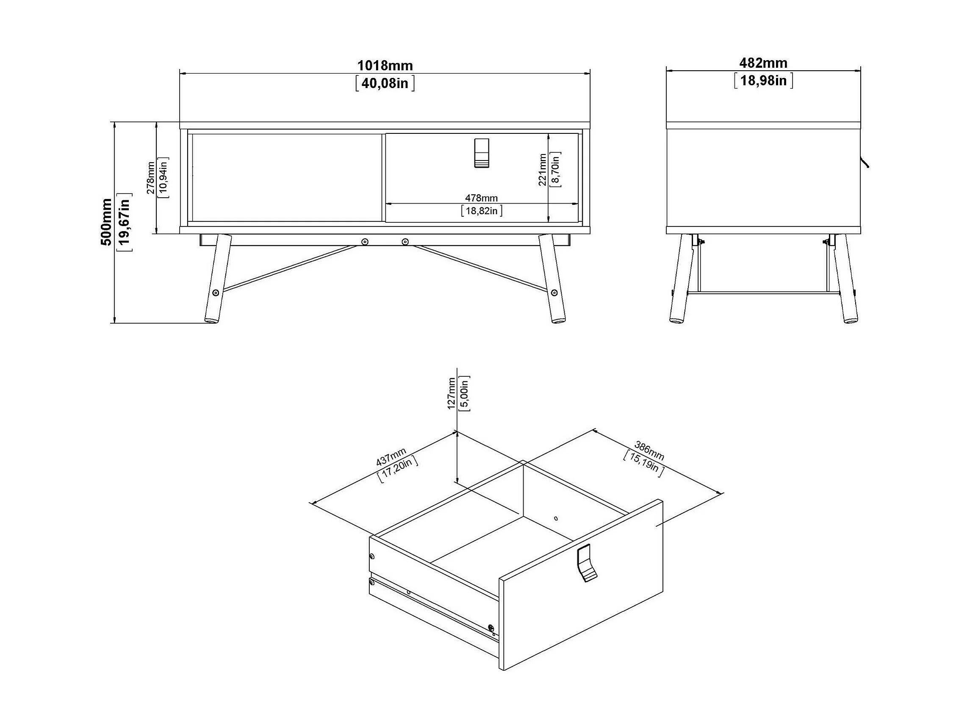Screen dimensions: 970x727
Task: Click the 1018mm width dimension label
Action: [x=385, y=66]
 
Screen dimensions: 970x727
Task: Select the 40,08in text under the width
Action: [x=385, y=83]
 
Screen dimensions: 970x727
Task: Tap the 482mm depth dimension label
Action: [x=763, y=63]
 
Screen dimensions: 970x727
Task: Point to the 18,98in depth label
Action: [x=763, y=80]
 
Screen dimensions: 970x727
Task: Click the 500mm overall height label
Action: [x=107, y=222]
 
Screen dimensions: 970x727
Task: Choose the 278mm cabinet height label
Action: [x=150, y=177]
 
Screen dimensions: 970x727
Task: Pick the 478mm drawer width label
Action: [x=481, y=198]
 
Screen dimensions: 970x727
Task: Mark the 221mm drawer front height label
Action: [x=543, y=170]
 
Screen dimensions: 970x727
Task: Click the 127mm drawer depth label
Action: [x=451, y=393]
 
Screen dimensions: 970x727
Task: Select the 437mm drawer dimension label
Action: [x=391, y=456]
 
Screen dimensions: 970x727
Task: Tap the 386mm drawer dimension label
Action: [x=649, y=451]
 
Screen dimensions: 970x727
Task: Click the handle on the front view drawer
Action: [x=481, y=153]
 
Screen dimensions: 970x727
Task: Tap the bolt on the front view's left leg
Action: [x=215, y=293]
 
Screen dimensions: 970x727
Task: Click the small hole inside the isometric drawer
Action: [x=556, y=518]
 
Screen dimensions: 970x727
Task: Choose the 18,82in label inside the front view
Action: [x=481, y=211]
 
